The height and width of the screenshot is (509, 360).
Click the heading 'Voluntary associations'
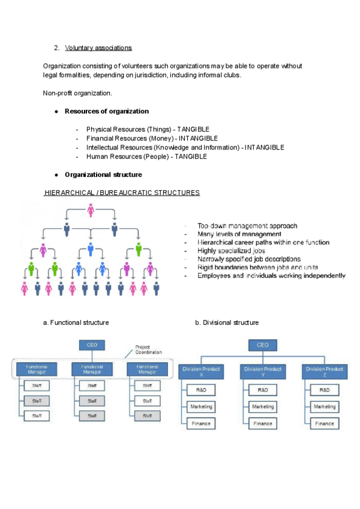98,47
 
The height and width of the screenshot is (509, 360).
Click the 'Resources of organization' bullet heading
107,111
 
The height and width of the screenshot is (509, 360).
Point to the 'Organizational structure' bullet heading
103,175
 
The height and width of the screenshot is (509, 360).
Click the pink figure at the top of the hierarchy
90,211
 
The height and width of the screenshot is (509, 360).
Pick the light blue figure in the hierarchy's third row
91,248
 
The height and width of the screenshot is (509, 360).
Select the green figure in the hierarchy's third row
138,248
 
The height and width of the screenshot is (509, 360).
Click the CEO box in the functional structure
92,345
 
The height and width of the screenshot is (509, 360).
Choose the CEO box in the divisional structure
263,345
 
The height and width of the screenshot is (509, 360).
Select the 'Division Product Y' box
263,372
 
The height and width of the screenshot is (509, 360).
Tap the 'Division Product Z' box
325,372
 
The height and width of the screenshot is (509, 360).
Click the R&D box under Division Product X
201,390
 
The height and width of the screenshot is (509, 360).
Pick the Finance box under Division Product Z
325,423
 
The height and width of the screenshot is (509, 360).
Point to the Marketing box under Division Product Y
263,406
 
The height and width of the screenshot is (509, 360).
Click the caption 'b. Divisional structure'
227,323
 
